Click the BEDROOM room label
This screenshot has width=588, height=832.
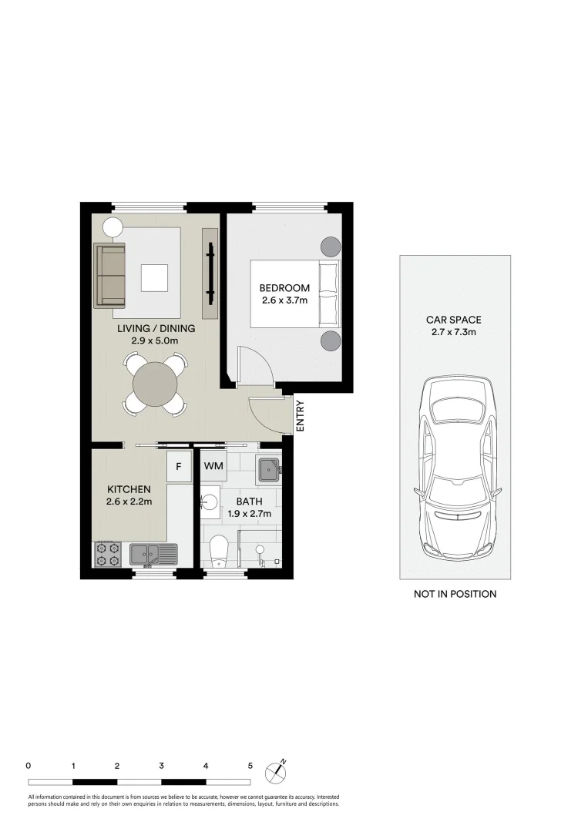284,288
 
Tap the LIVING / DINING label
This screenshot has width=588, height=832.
156,328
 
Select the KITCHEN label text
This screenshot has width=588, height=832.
129,489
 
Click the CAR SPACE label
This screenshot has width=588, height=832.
454,320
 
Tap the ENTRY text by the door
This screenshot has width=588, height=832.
301,416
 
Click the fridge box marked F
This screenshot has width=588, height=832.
179,467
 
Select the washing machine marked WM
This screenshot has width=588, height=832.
213,466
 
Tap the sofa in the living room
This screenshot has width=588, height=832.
109,276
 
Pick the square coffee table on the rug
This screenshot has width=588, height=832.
154,277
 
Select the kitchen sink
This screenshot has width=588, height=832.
153,553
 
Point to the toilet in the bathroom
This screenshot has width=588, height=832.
219,549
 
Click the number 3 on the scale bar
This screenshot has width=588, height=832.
161,766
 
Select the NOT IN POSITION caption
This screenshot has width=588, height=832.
455,594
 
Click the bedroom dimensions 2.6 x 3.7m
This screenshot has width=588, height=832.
284,300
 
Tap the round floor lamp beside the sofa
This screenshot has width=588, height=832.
113,227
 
